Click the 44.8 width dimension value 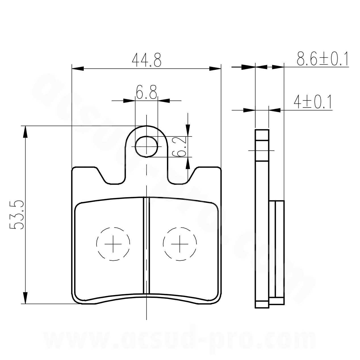coord(146,60)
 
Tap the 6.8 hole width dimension coord(146,92)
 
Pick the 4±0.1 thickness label coord(313,102)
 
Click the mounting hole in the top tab coord(146,147)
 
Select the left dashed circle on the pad coord(113,244)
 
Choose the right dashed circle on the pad coord(180,244)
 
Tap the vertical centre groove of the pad coord(146,245)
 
